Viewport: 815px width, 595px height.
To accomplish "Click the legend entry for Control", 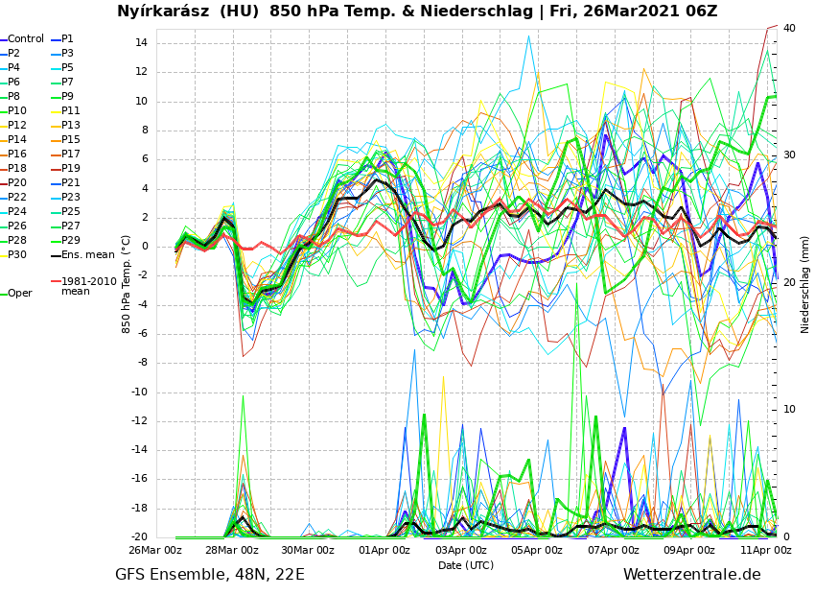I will click(x=26, y=39).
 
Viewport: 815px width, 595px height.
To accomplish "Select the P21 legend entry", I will click(x=71, y=183).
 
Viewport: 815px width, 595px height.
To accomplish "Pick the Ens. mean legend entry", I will click(x=87, y=255).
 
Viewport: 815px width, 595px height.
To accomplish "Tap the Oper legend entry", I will click(x=19, y=294).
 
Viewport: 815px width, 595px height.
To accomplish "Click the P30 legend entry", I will click(x=17, y=255).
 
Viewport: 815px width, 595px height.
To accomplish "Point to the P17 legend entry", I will click(x=71, y=155).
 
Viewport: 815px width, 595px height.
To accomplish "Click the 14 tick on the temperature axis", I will click(x=141, y=43).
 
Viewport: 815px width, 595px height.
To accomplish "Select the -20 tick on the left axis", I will click(x=138, y=537).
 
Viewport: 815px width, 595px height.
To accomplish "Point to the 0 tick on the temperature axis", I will click(x=144, y=247).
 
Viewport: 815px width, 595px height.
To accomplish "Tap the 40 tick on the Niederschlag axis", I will click(x=789, y=29).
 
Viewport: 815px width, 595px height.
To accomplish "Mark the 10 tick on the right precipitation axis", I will click(x=789, y=410).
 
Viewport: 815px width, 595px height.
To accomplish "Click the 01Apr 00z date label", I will click(x=384, y=551).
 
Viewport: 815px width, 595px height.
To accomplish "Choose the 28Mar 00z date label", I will click(x=231, y=551).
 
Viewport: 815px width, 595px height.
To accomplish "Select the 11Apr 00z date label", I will click(x=766, y=551).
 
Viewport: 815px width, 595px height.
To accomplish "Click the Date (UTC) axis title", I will click(x=466, y=565).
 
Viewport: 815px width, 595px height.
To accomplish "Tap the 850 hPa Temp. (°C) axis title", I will click(x=127, y=284).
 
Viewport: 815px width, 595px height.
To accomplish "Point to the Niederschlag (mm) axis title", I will click(x=805, y=284).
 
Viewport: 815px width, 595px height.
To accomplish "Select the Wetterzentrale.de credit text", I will click(x=691, y=575).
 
